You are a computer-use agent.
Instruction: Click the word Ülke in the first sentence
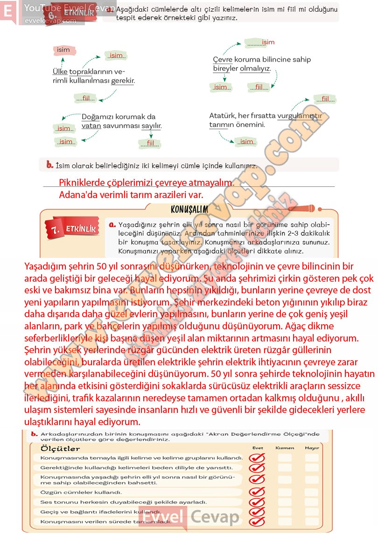pyautogui.click(x=60, y=71)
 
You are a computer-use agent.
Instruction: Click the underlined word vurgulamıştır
pyautogui.click(x=300, y=115)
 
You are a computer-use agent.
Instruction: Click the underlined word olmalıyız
pyautogui.click(x=255, y=69)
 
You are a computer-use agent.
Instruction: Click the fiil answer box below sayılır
pyautogui.click(x=150, y=143)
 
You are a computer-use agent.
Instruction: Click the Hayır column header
pyautogui.click(x=312, y=448)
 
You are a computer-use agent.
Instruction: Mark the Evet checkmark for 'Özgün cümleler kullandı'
pyautogui.click(x=257, y=492)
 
